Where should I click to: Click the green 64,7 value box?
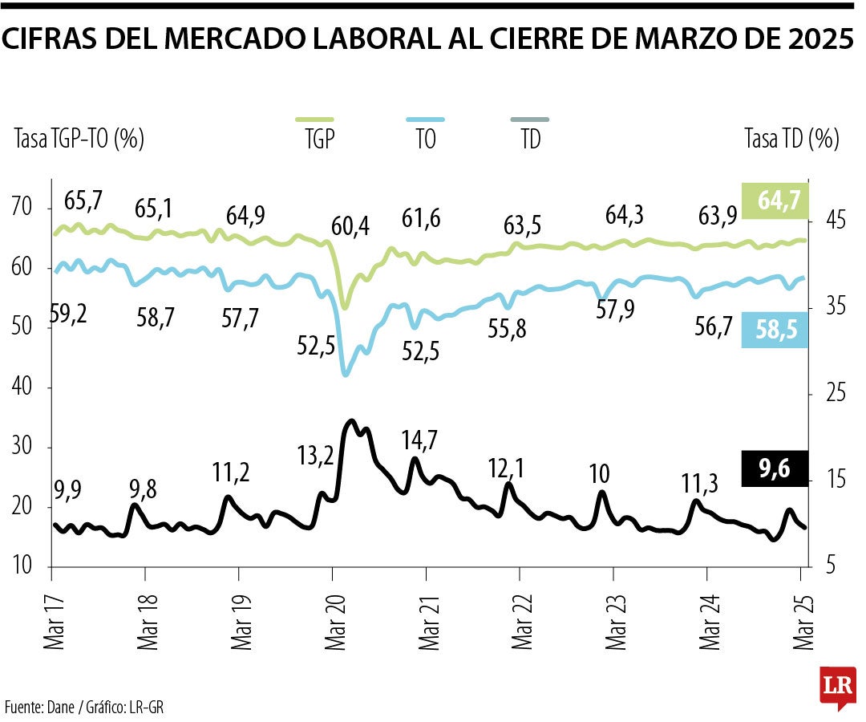[x=775, y=201]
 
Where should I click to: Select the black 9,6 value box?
[x=775, y=469]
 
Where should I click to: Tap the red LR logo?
[x=837, y=686]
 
